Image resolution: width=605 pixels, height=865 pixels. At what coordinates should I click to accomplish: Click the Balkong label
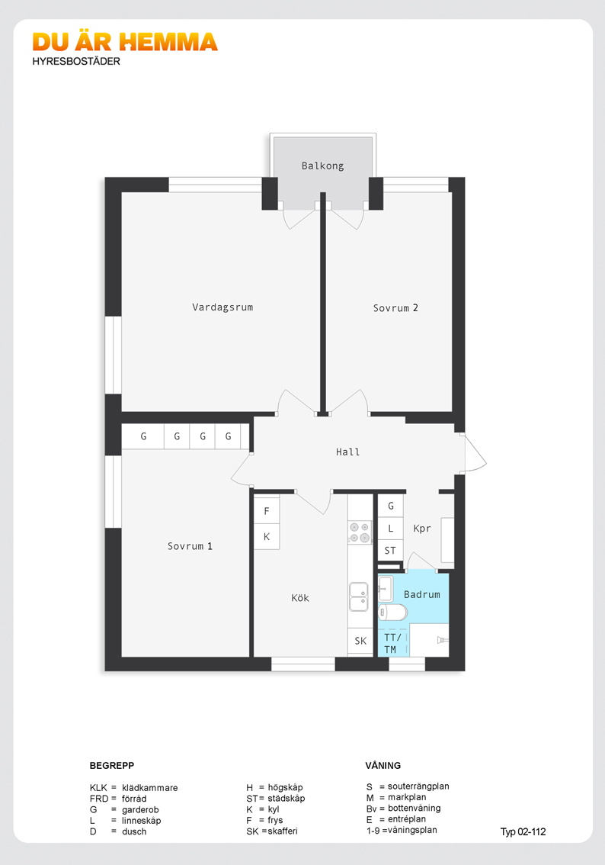click(x=322, y=166)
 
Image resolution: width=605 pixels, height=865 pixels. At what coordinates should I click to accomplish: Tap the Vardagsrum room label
click(x=222, y=307)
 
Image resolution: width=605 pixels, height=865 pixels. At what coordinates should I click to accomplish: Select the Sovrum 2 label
click(x=395, y=308)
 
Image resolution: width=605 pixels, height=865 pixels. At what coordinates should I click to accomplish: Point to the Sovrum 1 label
click(x=190, y=546)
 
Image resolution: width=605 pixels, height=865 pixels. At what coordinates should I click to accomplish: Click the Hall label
click(x=347, y=452)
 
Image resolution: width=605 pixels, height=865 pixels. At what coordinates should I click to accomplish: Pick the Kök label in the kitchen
click(x=299, y=597)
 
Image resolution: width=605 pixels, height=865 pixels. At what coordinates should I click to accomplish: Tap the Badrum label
click(x=422, y=594)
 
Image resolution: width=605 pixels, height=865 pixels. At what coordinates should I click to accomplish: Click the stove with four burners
click(x=360, y=533)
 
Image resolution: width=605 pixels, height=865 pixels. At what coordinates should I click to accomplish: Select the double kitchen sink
click(x=359, y=596)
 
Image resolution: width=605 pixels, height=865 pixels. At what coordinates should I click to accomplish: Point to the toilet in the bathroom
click(x=392, y=612)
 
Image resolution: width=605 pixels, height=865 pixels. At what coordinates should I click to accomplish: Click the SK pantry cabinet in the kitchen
click(x=360, y=641)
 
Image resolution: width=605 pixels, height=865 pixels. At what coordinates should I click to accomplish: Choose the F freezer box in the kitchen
click(x=267, y=511)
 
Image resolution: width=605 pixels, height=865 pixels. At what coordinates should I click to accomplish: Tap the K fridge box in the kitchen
click(x=267, y=536)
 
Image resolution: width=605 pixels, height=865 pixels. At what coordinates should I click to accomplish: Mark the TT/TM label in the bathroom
click(x=392, y=643)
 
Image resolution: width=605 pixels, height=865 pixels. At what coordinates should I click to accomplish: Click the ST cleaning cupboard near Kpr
click(x=390, y=551)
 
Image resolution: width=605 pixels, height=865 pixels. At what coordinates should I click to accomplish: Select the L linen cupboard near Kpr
click(x=391, y=528)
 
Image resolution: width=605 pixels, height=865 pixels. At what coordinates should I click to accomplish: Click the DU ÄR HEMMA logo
click(x=125, y=42)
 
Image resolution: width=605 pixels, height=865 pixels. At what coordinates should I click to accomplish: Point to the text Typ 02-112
click(x=523, y=831)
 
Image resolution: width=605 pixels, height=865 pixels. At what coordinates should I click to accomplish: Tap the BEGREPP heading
click(x=112, y=765)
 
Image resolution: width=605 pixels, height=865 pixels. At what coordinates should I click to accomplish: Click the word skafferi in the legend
click(x=283, y=831)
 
